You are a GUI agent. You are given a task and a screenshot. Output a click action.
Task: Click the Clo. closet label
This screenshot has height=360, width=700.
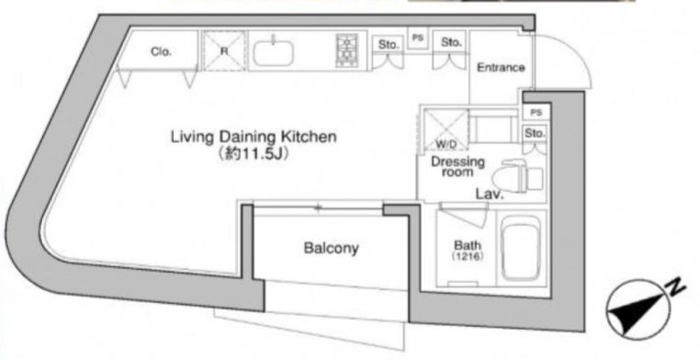click(161, 51)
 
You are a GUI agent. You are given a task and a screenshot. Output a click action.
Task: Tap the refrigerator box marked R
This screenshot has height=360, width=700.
click(224, 51)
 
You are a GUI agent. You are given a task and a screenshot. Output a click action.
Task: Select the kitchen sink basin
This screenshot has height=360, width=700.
click(273, 53)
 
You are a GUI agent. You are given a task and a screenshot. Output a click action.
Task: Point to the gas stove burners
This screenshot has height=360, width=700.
click(347, 51)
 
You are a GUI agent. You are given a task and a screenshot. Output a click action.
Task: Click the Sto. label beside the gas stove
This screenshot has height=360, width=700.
click(388, 45)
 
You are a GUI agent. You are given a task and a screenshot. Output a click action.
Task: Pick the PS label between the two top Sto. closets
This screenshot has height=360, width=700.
click(417, 39)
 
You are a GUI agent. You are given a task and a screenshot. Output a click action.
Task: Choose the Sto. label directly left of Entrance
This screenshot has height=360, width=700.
click(451, 42)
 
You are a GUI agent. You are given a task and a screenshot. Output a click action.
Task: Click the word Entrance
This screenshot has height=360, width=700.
click(501, 67)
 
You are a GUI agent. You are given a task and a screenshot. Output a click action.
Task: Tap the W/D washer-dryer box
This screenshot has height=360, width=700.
click(446, 129)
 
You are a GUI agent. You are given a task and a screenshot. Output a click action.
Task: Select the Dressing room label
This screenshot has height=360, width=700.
click(457, 166)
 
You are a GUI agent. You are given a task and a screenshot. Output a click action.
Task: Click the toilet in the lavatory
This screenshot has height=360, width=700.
click(517, 176)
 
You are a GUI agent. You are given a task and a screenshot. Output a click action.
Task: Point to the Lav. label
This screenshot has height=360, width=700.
click(490, 194)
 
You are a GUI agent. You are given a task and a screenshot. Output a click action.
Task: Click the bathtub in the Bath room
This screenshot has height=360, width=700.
click(521, 249)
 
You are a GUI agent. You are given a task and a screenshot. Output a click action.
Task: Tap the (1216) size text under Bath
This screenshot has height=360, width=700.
click(468, 256)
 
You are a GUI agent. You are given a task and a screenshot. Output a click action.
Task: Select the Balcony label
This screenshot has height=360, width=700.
click(331, 248)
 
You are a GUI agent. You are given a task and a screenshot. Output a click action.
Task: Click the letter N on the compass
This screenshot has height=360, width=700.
click(676, 288)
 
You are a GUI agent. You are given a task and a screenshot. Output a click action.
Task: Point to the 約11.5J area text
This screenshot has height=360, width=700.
click(253, 154)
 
